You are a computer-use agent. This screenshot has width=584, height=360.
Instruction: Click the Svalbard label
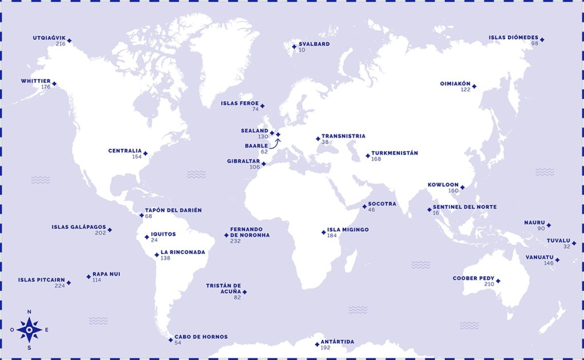(314, 44)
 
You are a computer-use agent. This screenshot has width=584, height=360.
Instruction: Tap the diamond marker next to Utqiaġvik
(69, 40)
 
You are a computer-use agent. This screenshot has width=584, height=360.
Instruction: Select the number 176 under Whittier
(46, 87)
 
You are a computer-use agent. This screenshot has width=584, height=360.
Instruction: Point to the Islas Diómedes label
(513, 38)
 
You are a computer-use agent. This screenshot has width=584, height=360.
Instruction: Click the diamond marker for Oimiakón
(474, 87)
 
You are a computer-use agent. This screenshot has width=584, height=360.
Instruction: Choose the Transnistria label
(343, 136)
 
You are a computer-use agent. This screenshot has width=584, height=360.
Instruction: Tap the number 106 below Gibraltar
(254, 167)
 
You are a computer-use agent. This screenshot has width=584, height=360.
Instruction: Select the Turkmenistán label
(395, 153)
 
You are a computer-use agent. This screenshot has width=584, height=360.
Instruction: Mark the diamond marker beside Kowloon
(463, 187)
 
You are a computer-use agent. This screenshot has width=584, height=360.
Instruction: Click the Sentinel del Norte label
(465, 207)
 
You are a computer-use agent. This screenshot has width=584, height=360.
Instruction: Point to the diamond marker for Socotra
(364, 207)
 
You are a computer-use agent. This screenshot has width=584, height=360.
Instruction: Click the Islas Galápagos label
(79, 226)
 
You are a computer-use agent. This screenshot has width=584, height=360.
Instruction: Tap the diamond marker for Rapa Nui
(88, 277)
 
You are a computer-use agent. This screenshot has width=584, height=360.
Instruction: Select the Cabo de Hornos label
(201, 337)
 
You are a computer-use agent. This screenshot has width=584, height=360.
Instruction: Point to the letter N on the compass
(29, 312)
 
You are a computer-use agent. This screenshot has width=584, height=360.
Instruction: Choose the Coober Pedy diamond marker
(498, 281)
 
